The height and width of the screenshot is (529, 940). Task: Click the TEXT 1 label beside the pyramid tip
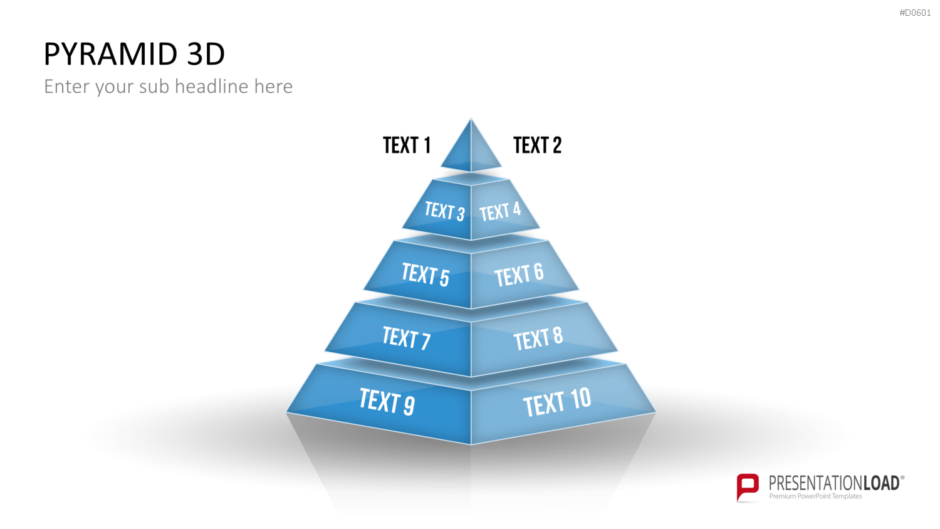pyautogui.click(x=407, y=145)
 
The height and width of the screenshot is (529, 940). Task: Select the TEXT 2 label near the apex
pyautogui.click(x=537, y=145)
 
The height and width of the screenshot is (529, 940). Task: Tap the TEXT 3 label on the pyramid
pyautogui.click(x=444, y=211)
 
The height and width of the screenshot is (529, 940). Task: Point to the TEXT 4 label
pyautogui.click(x=500, y=211)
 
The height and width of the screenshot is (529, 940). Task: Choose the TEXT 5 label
pyautogui.click(x=426, y=274)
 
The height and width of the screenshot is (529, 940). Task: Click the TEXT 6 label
pyautogui.click(x=519, y=275)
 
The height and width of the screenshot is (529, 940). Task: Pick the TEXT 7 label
pyautogui.click(x=406, y=338)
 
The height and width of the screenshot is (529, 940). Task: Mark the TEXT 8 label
pyautogui.click(x=538, y=338)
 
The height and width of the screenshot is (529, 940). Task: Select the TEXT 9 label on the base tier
pyautogui.click(x=387, y=401)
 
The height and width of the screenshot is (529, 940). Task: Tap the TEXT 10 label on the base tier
pyautogui.click(x=557, y=402)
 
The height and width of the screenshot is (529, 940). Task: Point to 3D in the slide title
pyautogui.click(x=206, y=54)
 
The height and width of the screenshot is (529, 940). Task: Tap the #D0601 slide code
pyautogui.click(x=915, y=13)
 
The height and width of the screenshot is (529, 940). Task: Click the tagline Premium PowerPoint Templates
pyautogui.click(x=815, y=496)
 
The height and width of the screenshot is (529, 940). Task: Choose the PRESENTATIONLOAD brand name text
pyautogui.click(x=834, y=483)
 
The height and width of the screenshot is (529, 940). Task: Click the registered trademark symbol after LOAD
pyautogui.click(x=902, y=478)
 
